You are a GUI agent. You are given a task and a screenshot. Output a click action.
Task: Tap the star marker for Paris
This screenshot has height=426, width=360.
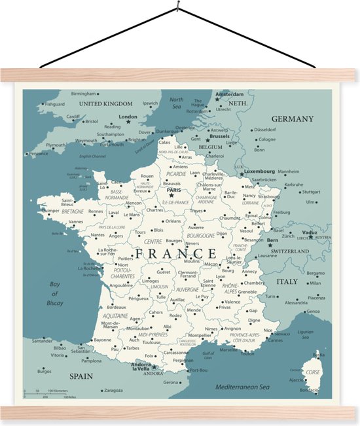(171, 194)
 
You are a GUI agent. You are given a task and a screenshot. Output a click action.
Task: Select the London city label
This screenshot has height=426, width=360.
(128, 117)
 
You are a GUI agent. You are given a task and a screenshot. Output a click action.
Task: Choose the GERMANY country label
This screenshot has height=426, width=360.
(293, 119)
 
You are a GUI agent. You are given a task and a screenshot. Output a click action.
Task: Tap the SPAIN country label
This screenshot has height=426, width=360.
(82, 376)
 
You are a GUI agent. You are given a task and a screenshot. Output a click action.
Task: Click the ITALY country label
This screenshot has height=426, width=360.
(286, 281)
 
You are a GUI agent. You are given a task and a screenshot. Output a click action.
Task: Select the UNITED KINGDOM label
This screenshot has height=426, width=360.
(105, 103)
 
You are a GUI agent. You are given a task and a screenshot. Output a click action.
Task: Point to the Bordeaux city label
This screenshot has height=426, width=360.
(117, 307)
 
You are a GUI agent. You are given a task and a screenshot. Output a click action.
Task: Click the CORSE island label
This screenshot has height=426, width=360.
(314, 372)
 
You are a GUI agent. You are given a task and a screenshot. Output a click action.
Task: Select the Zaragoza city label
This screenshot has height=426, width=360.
(113, 390)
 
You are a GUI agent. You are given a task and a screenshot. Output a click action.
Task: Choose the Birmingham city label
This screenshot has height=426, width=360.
(83, 94)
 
